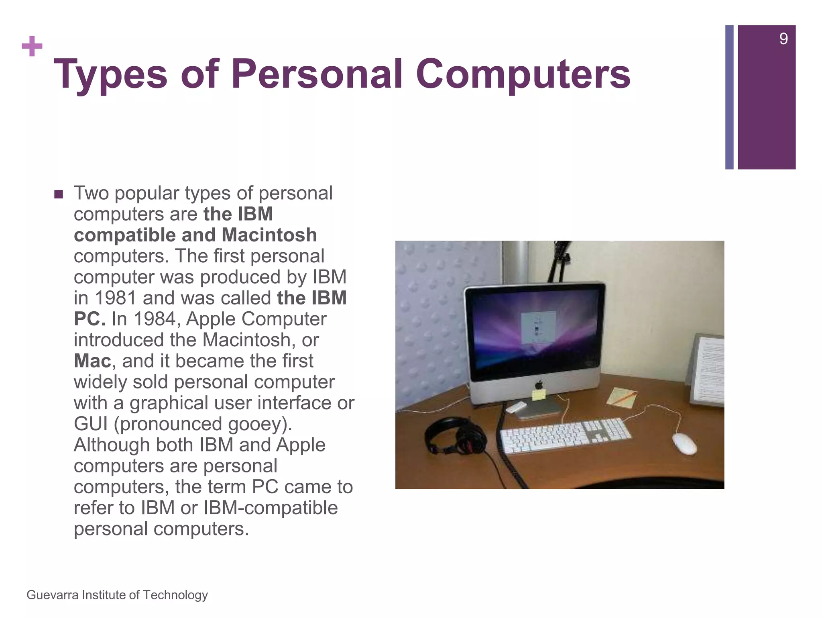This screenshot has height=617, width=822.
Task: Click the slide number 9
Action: [x=783, y=39]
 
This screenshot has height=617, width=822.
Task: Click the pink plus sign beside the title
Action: [x=32, y=47]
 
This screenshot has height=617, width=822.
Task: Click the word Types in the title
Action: [x=110, y=74]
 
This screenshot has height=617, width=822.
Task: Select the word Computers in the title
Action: [x=523, y=74]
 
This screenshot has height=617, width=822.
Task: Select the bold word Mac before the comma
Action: [x=92, y=361]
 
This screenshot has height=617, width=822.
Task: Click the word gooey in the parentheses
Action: [x=257, y=424]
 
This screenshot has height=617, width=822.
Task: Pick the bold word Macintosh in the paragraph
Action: [x=269, y=235]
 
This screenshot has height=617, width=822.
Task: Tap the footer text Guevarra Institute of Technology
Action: [x=117, y=595]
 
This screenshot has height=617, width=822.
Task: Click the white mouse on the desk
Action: [x=684, y=443]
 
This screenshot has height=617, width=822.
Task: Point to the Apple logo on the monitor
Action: [x=539, y=384]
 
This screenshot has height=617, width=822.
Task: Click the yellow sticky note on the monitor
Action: [x=539, y=394]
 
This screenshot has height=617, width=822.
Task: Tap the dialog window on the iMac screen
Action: [x=538, y=327]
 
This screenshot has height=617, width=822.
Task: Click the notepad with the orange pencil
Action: [x=621, y=397]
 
